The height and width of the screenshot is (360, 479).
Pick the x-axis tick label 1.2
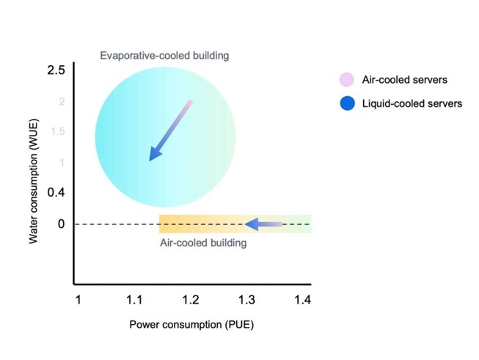click(191, 300)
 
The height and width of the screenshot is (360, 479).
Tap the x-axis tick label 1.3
click(247, 300)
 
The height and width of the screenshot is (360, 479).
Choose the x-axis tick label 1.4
click(302, 300)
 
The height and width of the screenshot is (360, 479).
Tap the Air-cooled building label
click(203, 243)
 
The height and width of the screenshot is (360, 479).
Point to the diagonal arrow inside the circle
click(170, 131)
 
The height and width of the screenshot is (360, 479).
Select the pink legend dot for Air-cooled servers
click(345, 80)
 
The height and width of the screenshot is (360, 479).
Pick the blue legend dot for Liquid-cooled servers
click(345, 103)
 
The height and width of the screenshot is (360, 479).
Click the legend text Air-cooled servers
click(404, 80)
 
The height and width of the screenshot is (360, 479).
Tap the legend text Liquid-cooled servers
click(412, 103)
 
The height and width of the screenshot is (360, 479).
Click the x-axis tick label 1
click(78, 300)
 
